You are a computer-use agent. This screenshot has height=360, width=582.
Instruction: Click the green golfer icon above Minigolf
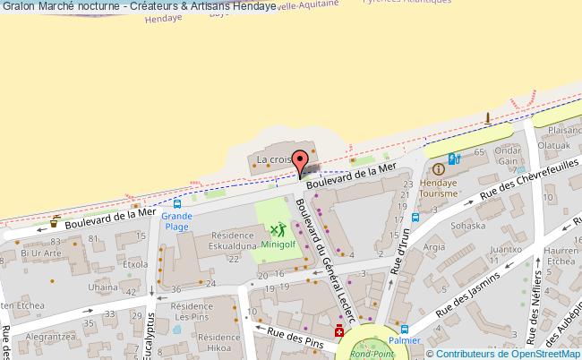click(x=277, y=230)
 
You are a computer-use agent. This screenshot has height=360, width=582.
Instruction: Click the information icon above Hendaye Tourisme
click(x=439, y=169)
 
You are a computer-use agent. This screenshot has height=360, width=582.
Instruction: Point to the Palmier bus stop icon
click(x=405, y=329)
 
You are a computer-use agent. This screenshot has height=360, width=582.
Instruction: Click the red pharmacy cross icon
click(x=339, y=332)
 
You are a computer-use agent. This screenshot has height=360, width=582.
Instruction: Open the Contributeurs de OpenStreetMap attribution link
click(x=511, y=354)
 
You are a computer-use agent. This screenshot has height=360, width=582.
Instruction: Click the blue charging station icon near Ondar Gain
click(x=454, y=159)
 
